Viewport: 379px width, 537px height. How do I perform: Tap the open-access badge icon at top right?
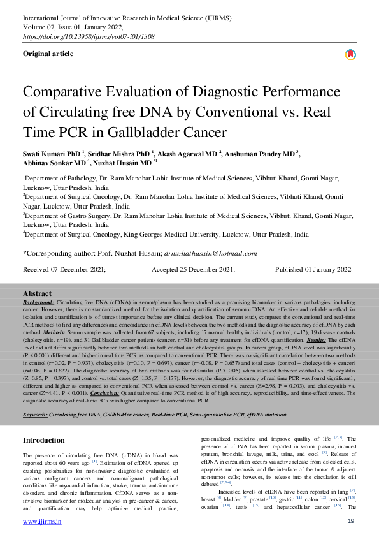click(x=350, y=55)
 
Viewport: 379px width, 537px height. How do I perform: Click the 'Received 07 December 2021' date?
click(x=64, y=270)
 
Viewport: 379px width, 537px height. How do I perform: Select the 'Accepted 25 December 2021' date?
click(x=193, y=270)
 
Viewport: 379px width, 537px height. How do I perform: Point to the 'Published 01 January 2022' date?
click(x=313, y=270)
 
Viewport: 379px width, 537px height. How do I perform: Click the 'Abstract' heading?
click(x=37, y=293)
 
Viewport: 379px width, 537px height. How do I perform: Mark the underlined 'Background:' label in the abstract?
click(x=38, y=300)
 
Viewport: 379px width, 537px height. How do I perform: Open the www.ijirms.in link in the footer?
click(x=42, y=522)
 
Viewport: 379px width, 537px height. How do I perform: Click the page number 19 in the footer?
click(x=351, y=522)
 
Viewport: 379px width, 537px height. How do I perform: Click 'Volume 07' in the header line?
click(x=39, y=27)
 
